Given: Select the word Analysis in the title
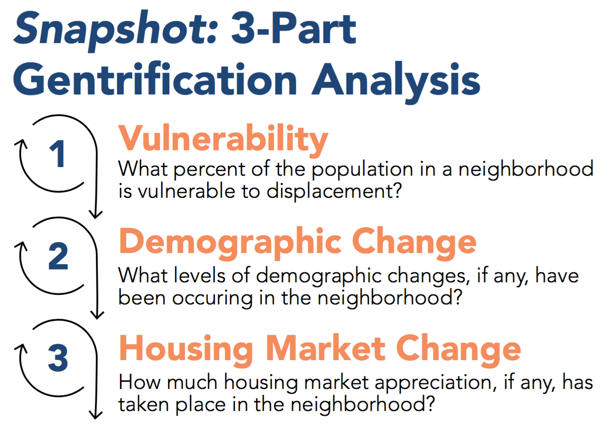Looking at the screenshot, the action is (x=396, y=82).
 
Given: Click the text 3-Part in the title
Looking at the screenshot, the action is (x=294, y=28).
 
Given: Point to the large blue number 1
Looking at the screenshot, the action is (x=57, y=154).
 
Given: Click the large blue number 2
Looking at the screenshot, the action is (x=58, y=256).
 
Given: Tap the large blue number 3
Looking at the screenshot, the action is (x=58, y=358).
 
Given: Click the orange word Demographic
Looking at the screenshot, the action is (x=231, y=243).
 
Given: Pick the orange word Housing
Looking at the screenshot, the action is (x=186, y=350).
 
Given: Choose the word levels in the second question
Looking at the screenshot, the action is (x=200, y=275).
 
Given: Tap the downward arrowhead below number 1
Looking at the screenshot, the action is (x=95, y=215).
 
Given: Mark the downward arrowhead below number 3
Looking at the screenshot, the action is (x=95, y=414).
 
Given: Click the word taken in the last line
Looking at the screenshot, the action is (x=143, y=404).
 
